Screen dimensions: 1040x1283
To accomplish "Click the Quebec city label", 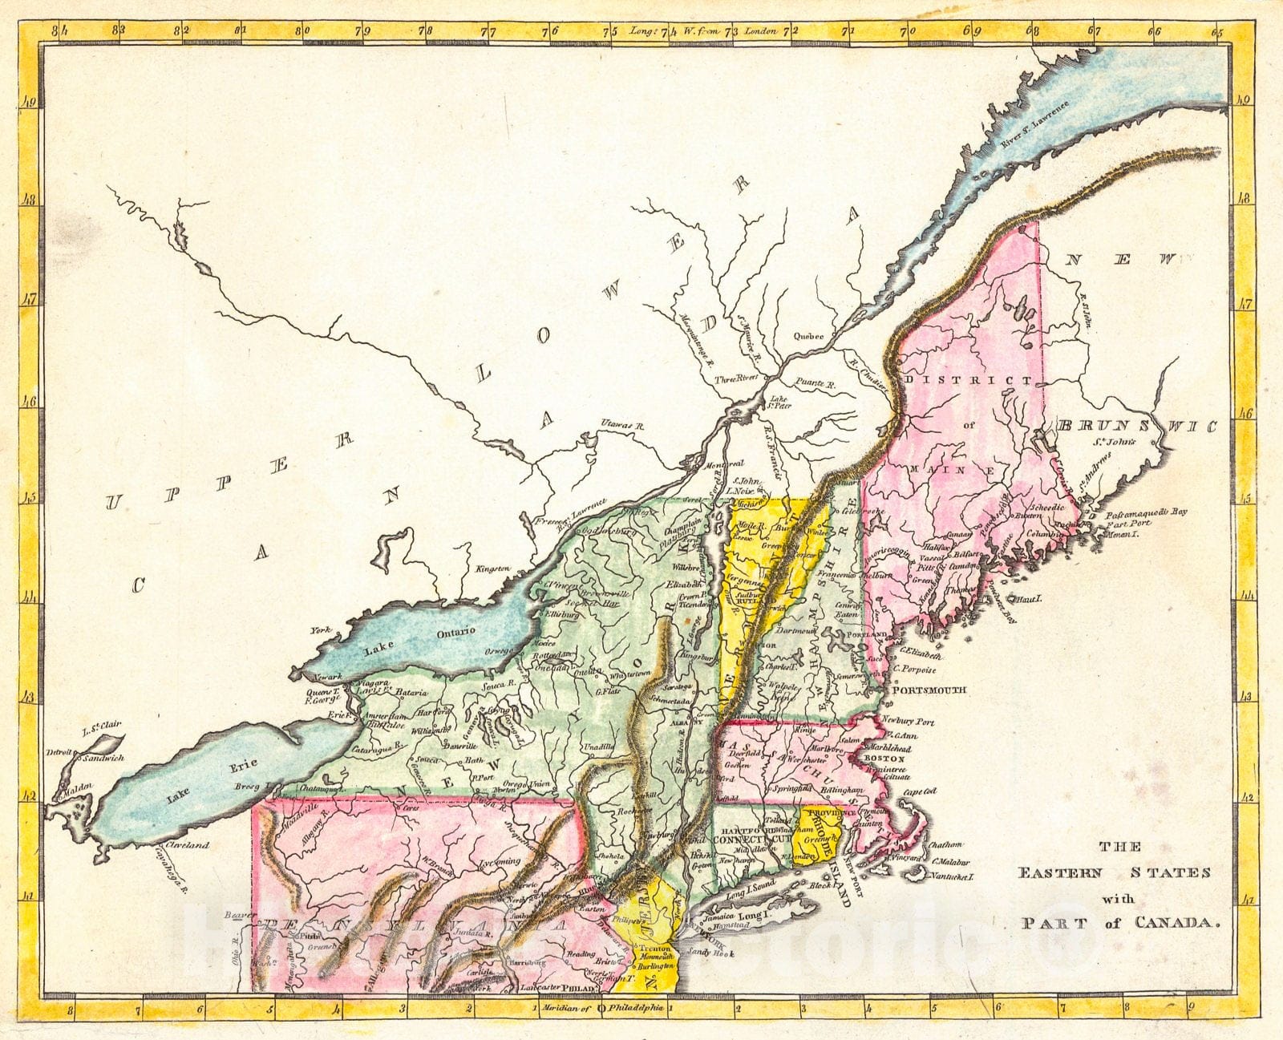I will pyautogui.click(x=809, y=337).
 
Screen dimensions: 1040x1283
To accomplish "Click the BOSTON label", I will pyautogui.click(x=885, y=758).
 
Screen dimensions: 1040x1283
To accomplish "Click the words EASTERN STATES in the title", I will pyautogui.click(x=1114, y=873).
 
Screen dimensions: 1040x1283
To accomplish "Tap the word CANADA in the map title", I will pyautogui.click(x=1176, y=923).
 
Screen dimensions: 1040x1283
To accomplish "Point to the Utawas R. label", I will pyautogui.click(x=617, y=424).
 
